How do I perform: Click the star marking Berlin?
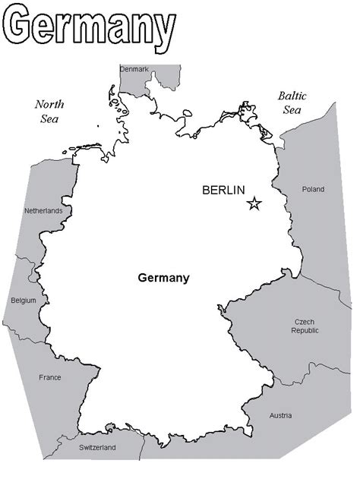tap(254, 203)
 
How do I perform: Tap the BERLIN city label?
tap(223, 190)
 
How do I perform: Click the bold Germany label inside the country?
tap(163, 278)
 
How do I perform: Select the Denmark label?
tap(134, 70)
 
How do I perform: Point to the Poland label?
tap(312, 189)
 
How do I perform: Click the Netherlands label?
tap(43, 210)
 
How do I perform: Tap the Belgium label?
tap(24, 301)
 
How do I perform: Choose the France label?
tap(50, 377)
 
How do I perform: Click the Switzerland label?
tap(97, 448)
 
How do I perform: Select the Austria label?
tap(280, 415)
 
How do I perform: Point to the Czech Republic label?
tap(305, 326)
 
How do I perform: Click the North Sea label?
tap(49, 111)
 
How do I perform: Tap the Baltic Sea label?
tap(292, 102)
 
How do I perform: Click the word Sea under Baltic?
tap(292, 110)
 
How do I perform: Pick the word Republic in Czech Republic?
tap(305, 331)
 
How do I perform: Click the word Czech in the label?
tap(305, 322)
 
